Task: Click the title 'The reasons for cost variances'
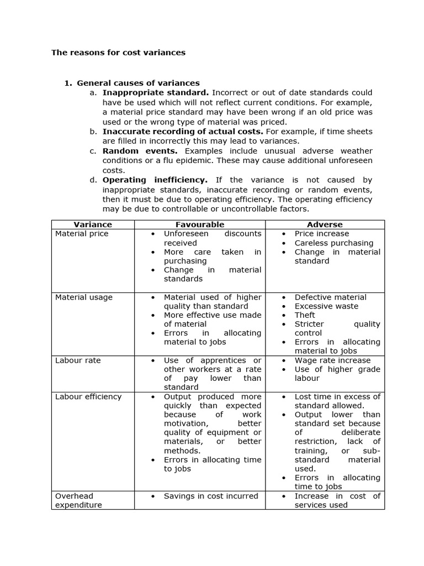point(118,53)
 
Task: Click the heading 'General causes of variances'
point(138,83)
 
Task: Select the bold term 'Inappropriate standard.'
point(156,92)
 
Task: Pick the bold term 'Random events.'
point(140,151)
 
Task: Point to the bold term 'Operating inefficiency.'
point(155,180)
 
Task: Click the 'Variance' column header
point(93,224)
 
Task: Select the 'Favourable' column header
point(200,224)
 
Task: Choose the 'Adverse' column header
point(325,224)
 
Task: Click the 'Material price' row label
point(82,234)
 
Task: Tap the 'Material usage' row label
point(84,297)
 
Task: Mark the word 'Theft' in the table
point(305,315)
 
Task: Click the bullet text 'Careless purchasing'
point(333,243)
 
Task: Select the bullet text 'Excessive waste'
point(326,306)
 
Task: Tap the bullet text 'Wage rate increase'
point(332,360)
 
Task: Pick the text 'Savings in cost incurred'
point(211,496)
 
